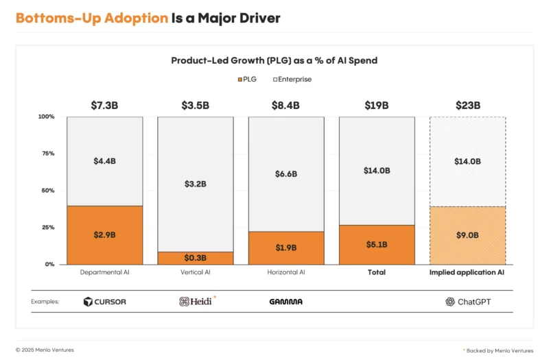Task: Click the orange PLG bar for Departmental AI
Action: point(104,235)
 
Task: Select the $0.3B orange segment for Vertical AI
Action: point(196,258)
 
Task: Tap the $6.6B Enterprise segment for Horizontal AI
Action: point(286,173)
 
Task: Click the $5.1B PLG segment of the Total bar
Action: point(377,244)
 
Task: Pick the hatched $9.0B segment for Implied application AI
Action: point(467,235)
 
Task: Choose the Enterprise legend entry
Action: point(293,80)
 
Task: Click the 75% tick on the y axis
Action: point(47,154)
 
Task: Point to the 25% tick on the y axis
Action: point(47,227)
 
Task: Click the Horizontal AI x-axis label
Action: point(286,272)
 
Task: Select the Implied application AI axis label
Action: point(467,272)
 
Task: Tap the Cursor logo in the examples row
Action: point(104,302)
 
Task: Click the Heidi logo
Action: point(196,302)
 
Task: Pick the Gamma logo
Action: point(286,302)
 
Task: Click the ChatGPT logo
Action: point(467,302)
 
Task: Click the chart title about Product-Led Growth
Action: point(274,60)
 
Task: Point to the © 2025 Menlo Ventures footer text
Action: point(45,350)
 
